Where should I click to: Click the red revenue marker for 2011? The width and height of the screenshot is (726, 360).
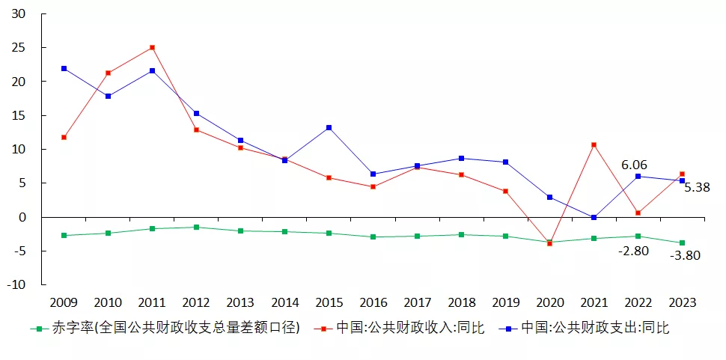153,47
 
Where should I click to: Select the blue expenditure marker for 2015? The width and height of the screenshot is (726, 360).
329,127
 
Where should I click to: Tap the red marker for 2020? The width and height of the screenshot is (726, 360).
549,243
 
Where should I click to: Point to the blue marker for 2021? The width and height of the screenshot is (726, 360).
594,217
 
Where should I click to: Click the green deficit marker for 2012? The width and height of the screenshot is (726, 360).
197,227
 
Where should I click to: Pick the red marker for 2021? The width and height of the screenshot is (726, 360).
594,144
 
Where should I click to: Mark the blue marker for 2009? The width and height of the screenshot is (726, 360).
64,68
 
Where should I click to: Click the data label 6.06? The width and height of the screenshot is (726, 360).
634,165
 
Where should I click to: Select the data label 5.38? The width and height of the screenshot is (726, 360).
696,187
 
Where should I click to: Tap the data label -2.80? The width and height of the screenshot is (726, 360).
633,251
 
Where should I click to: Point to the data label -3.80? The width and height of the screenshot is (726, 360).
685,255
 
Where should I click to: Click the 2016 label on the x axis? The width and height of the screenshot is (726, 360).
373,303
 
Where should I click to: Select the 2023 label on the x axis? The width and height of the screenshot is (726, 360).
682,303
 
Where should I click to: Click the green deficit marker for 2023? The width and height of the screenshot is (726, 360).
682,242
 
